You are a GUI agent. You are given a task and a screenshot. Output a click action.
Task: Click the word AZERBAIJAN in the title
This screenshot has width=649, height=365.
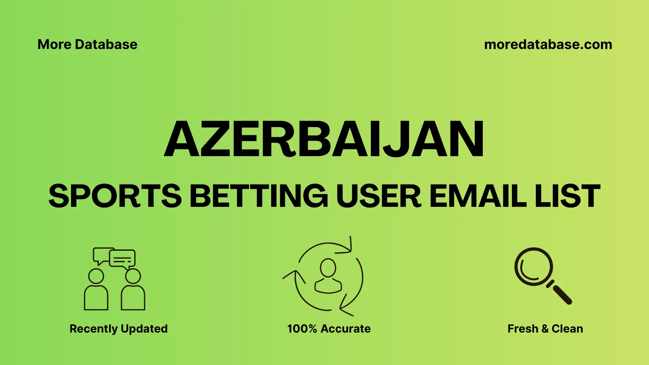pos(324,139)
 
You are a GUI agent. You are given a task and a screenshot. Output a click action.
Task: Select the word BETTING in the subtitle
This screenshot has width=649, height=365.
pos(259,196)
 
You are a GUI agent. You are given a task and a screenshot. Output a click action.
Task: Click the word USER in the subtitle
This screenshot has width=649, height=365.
pos(379,196)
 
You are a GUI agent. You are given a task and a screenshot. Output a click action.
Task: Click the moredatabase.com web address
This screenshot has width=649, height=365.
pos(548,45)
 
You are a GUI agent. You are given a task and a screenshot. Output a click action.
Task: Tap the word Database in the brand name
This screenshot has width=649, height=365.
pos(106,45)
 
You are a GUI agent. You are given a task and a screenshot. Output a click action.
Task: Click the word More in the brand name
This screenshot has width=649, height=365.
pos(54,45)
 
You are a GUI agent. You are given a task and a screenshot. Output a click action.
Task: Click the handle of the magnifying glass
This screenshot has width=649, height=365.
pos(561,293)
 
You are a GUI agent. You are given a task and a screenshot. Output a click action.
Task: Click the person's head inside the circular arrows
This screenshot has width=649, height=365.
pos(328,268)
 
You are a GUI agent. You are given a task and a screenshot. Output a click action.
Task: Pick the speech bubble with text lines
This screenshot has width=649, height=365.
pos(122,259)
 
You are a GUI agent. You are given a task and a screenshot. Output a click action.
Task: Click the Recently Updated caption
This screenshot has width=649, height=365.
pos(118,328)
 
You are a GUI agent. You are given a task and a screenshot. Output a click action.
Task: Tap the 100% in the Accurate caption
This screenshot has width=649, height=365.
pos(302,328)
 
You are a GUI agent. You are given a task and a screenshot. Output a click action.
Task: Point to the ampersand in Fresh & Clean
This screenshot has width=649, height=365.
pos(545,329)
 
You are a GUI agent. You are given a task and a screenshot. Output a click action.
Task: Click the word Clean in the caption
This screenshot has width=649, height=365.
pos(567,328)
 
